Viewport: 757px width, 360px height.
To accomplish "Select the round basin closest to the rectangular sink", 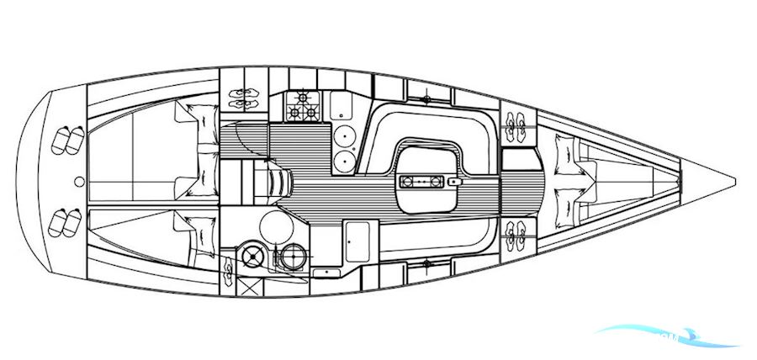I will [x=342, y=135].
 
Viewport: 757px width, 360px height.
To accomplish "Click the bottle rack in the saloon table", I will [x=421, y=181].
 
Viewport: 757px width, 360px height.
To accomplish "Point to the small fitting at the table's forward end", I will [x=454, y=181].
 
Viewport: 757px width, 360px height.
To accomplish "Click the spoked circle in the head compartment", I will [x=250, y=255].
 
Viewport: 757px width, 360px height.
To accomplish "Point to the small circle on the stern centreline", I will [x=78, y=181].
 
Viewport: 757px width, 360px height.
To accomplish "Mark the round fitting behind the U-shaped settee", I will [x=427, y=99].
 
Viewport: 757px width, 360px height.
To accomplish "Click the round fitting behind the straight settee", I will [x=427, y=263].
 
